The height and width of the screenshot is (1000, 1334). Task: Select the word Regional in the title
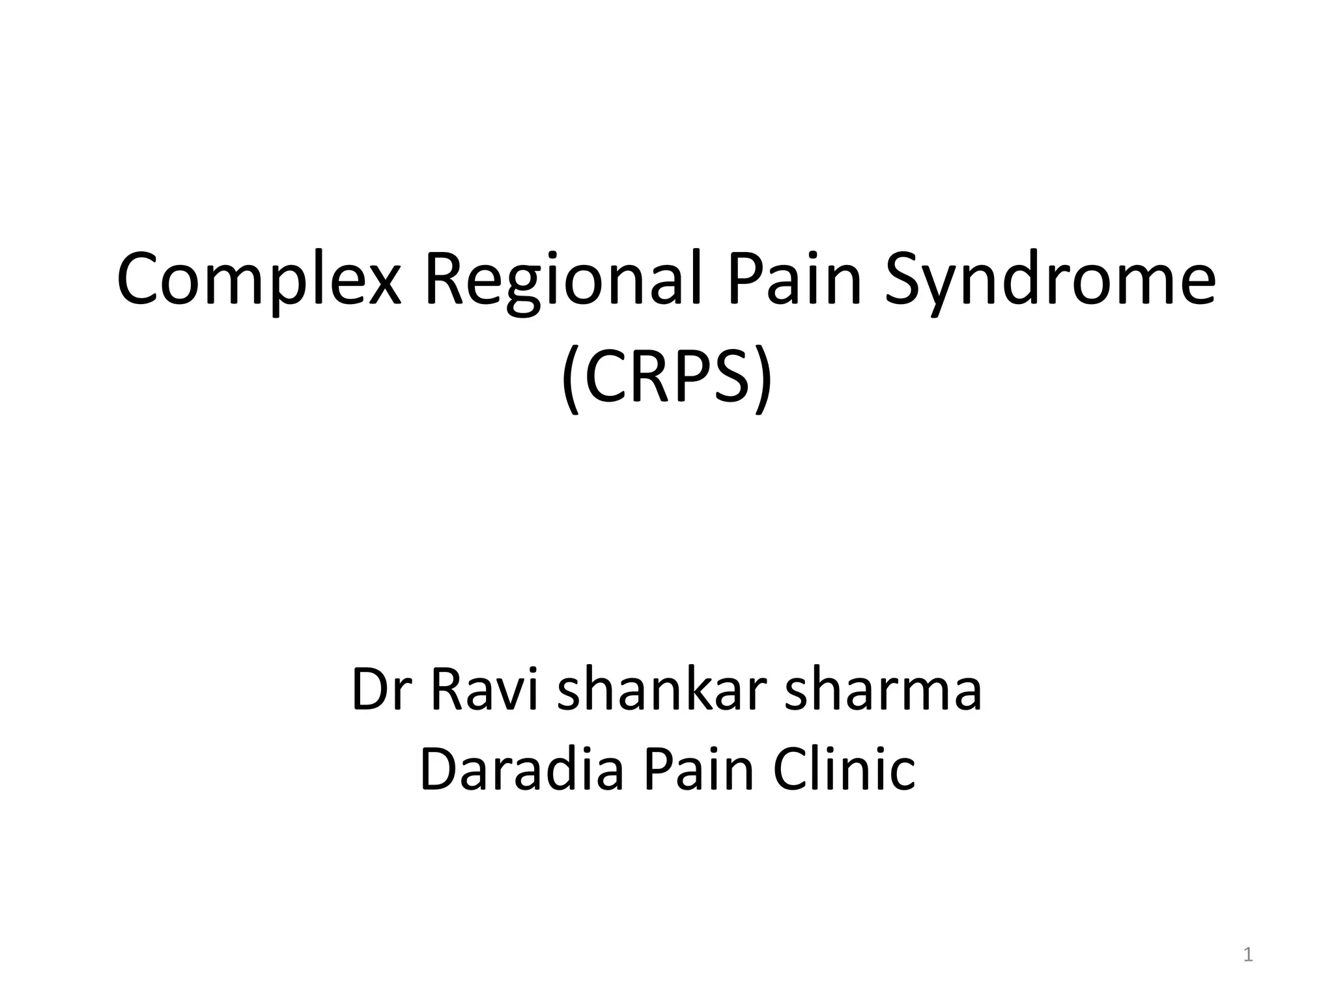tap(563, 280)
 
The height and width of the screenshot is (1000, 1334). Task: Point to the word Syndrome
tap(1049, 280)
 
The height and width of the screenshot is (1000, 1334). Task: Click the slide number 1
tap(1248, 955)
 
